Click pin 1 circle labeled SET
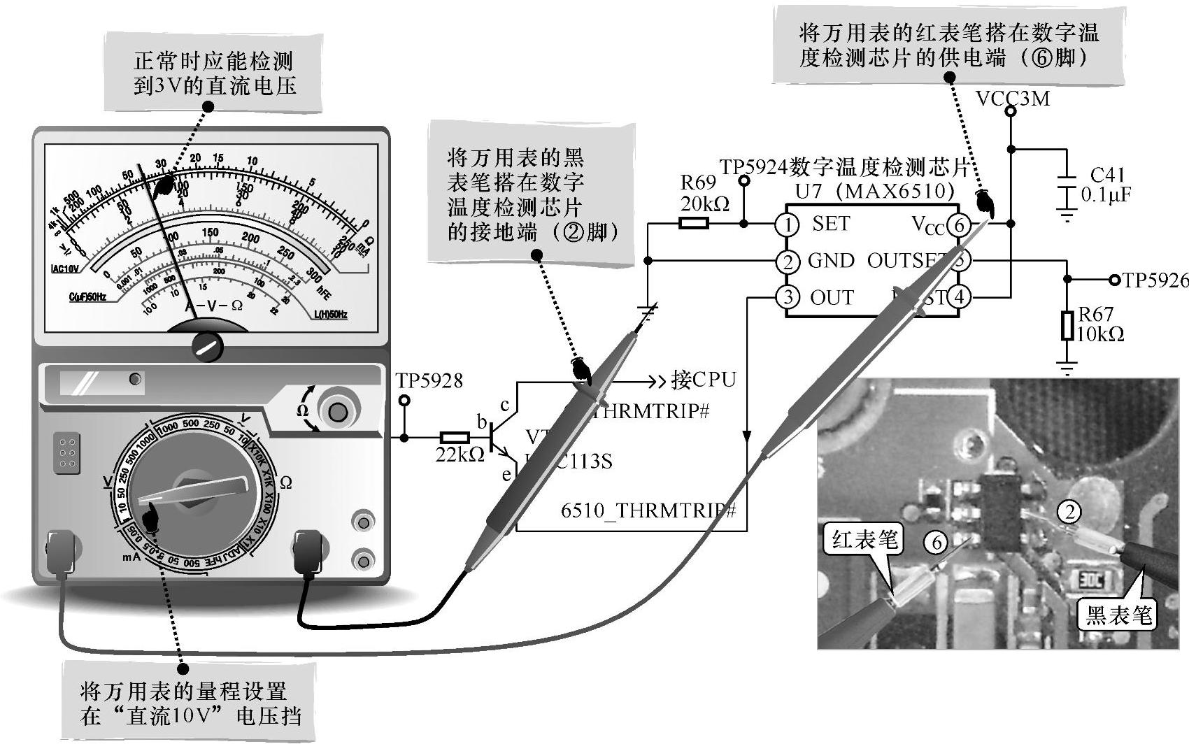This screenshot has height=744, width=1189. (788, 224)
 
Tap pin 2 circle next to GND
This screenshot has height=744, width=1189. (788, 262)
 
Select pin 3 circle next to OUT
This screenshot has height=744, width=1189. (788, 297)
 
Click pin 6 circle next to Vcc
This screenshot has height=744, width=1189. (959, 224)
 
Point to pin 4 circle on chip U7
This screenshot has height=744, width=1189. (959, 297)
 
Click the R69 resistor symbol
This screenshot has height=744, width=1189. (693, 224)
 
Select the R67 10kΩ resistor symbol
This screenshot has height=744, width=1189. (1067, 326)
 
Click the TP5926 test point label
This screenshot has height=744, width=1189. (1155, 280)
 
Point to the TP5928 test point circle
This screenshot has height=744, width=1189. (404, 401)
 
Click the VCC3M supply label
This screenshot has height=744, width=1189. (1013, 99)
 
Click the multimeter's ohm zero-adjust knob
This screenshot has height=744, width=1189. (339, 411)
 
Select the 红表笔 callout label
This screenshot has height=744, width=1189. (864, 540)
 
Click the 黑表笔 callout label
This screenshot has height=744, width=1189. (1118, 615)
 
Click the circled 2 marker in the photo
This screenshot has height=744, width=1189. (1068, 513)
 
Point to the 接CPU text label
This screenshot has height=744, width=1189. (703, 380)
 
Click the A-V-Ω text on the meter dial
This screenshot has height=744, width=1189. (213, 306)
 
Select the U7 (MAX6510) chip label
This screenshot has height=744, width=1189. (874, 190)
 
